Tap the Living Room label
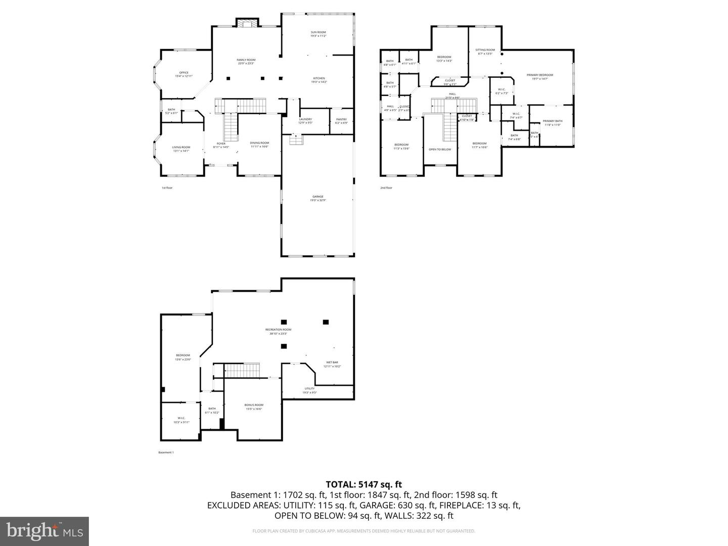(181, 149)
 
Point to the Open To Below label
(440, 149)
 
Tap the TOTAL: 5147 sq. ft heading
(363, 484)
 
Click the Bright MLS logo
(44, 531)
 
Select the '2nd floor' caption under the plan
(386, 188)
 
